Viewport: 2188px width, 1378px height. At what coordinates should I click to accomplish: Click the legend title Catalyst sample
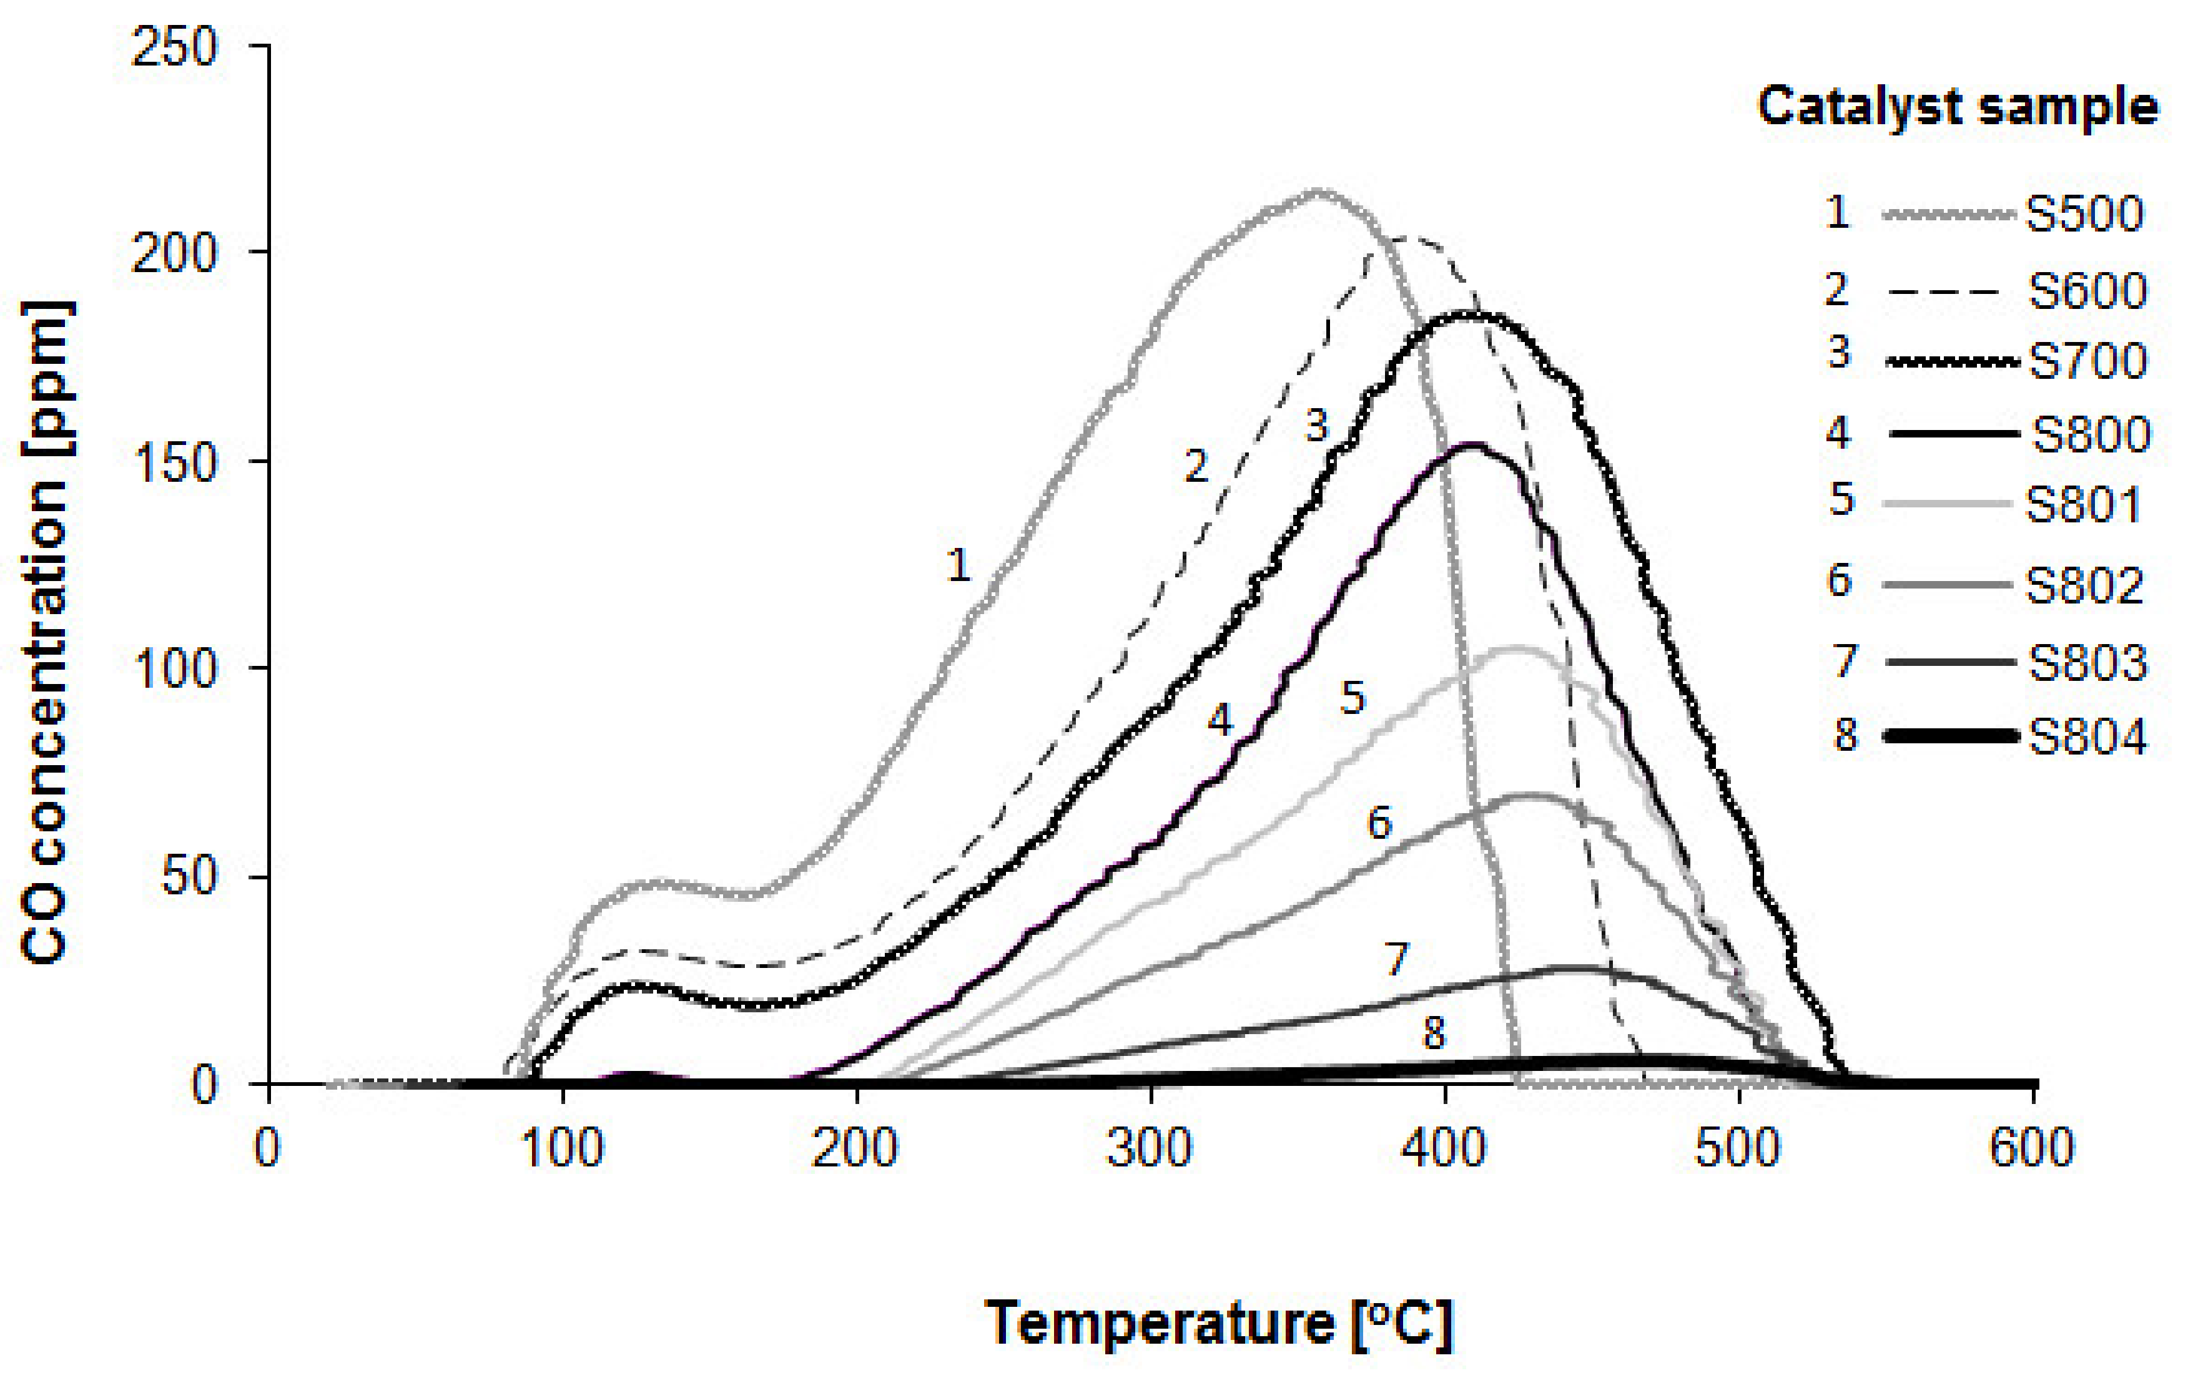[1957, 107]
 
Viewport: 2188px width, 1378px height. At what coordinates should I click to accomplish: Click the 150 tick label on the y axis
[174, 462]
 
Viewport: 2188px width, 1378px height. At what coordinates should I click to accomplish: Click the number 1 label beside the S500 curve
[958, 566]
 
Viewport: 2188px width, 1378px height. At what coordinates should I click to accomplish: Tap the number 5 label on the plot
[1353, 698]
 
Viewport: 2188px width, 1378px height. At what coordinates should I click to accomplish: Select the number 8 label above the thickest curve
[1433, 1033]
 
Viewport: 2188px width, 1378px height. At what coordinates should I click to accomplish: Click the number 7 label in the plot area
[1397, 959]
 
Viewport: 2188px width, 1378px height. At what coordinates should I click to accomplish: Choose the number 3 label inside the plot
[1317, 425]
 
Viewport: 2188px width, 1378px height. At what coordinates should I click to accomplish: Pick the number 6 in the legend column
[1839, 580]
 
